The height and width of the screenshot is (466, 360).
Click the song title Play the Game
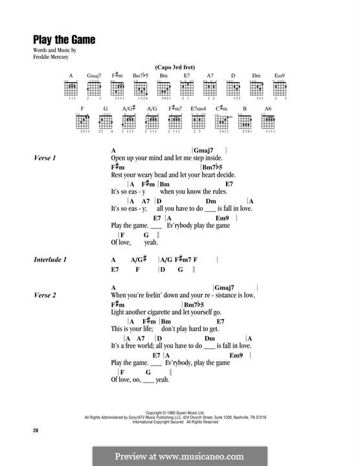(x=64, y=39)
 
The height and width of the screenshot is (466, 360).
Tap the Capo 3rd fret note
(x=176, y=67)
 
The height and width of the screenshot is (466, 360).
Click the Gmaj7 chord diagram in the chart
(x=94, y=87)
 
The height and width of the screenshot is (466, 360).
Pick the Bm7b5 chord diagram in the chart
(x=141, y=87)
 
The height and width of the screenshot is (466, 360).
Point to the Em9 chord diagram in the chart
(x=280, y=87)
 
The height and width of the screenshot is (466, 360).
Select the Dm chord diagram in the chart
(x=256, y=87)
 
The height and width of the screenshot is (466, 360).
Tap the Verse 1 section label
(x=45, y=158)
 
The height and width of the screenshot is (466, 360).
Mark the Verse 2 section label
(x=45, y=295)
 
